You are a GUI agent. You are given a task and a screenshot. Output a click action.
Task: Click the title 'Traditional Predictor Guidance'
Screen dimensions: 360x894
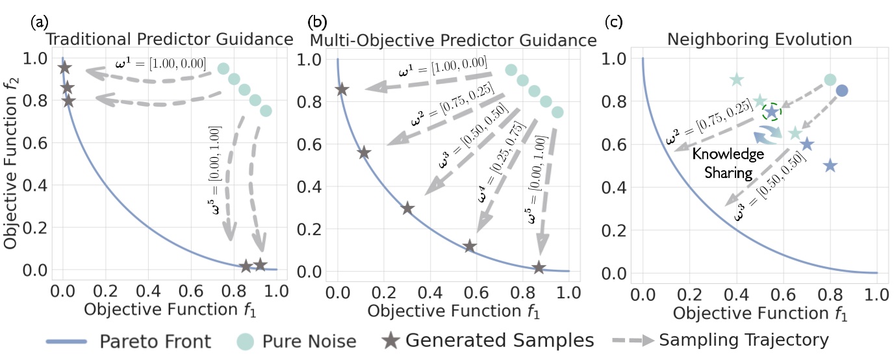[x=168, y=40]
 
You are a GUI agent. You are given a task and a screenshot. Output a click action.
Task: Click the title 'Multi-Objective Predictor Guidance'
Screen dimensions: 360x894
[x=453, y=40]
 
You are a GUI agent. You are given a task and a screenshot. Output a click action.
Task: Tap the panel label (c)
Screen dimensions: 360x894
[x=615, y=23]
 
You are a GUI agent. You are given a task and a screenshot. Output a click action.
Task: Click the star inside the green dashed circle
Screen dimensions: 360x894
[x=771, y=112]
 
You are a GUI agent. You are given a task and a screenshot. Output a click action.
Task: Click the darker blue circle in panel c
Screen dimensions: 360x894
[x=841, y=90]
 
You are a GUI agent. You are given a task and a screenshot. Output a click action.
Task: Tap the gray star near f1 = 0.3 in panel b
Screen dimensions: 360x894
[x=407, y=209]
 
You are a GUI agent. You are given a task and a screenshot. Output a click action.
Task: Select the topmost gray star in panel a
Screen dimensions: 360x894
[x=64, y=68]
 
